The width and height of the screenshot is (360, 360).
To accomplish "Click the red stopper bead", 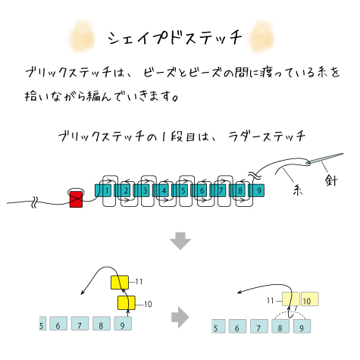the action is pyautogui.click(x=76, y=199).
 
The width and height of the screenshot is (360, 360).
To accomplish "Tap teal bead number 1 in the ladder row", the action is pyautogui.click(x=107, y=190).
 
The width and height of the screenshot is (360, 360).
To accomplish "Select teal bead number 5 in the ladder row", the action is pyautogui.click(x=183, y=190).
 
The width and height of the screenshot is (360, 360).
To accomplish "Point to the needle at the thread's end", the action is pyautogui.click(x=325, y=158).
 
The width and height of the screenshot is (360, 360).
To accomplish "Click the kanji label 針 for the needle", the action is pyautogui.click(x=331, y=180).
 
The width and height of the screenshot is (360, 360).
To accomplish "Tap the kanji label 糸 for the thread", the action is pyautogui.click(x=298, y=189).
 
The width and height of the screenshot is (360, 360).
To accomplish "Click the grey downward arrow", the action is pyautogui.click(x=180, y=241).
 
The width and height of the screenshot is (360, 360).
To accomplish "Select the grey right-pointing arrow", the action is pyautogui.click(x=180, y=317).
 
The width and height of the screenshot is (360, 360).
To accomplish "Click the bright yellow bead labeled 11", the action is pyautogui.click(x=120, y=282).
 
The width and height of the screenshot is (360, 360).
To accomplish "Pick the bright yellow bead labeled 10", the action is pyautogui.click(x=127, y=302).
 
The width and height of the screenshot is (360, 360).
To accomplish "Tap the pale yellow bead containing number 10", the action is pyautogui.click(x=310, y=299).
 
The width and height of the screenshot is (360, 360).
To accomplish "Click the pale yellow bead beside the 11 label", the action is pyautogui.click(x=291, y=299).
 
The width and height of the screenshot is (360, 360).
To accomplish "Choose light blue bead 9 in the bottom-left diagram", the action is pyautogui.click(x=123, y=324).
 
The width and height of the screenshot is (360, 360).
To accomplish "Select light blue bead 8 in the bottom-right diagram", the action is pyautogui.click(x=280, y=326).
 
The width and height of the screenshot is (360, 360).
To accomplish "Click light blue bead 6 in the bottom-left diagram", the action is pyautogui.click(x=58, y=324).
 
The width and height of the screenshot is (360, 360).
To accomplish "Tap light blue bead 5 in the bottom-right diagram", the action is pyautogui.click(x=218, y=326).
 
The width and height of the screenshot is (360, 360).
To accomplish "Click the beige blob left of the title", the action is pyautogui.click(x=81, y=36).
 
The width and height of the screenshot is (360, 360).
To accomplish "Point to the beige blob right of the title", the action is pyautogui.click(x=261, y=36).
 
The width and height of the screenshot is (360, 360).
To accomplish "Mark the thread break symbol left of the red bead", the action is pyautogui.click(x=35, y=202).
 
